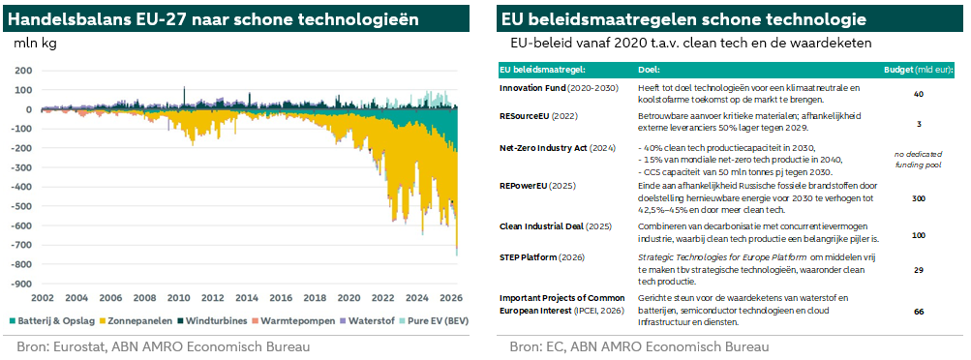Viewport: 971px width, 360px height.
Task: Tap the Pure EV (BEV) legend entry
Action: coord(434,321)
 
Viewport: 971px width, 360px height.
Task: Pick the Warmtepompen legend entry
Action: coord(291,321)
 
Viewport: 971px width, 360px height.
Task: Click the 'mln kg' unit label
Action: coord(35,44)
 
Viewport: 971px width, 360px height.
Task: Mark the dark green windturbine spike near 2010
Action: coord(184,98)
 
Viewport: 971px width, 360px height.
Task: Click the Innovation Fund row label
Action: coord(560,88)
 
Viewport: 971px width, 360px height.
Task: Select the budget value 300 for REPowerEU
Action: coord(919,198)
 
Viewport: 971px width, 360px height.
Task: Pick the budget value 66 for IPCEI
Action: coord(919,312)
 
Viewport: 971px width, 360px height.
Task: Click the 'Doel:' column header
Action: coord(649,70)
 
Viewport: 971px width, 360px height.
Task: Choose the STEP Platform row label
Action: coord(542,257)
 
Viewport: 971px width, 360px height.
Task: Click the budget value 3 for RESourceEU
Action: coord(919,124)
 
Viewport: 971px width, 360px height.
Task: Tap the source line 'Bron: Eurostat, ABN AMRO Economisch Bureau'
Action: coord(164,346)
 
